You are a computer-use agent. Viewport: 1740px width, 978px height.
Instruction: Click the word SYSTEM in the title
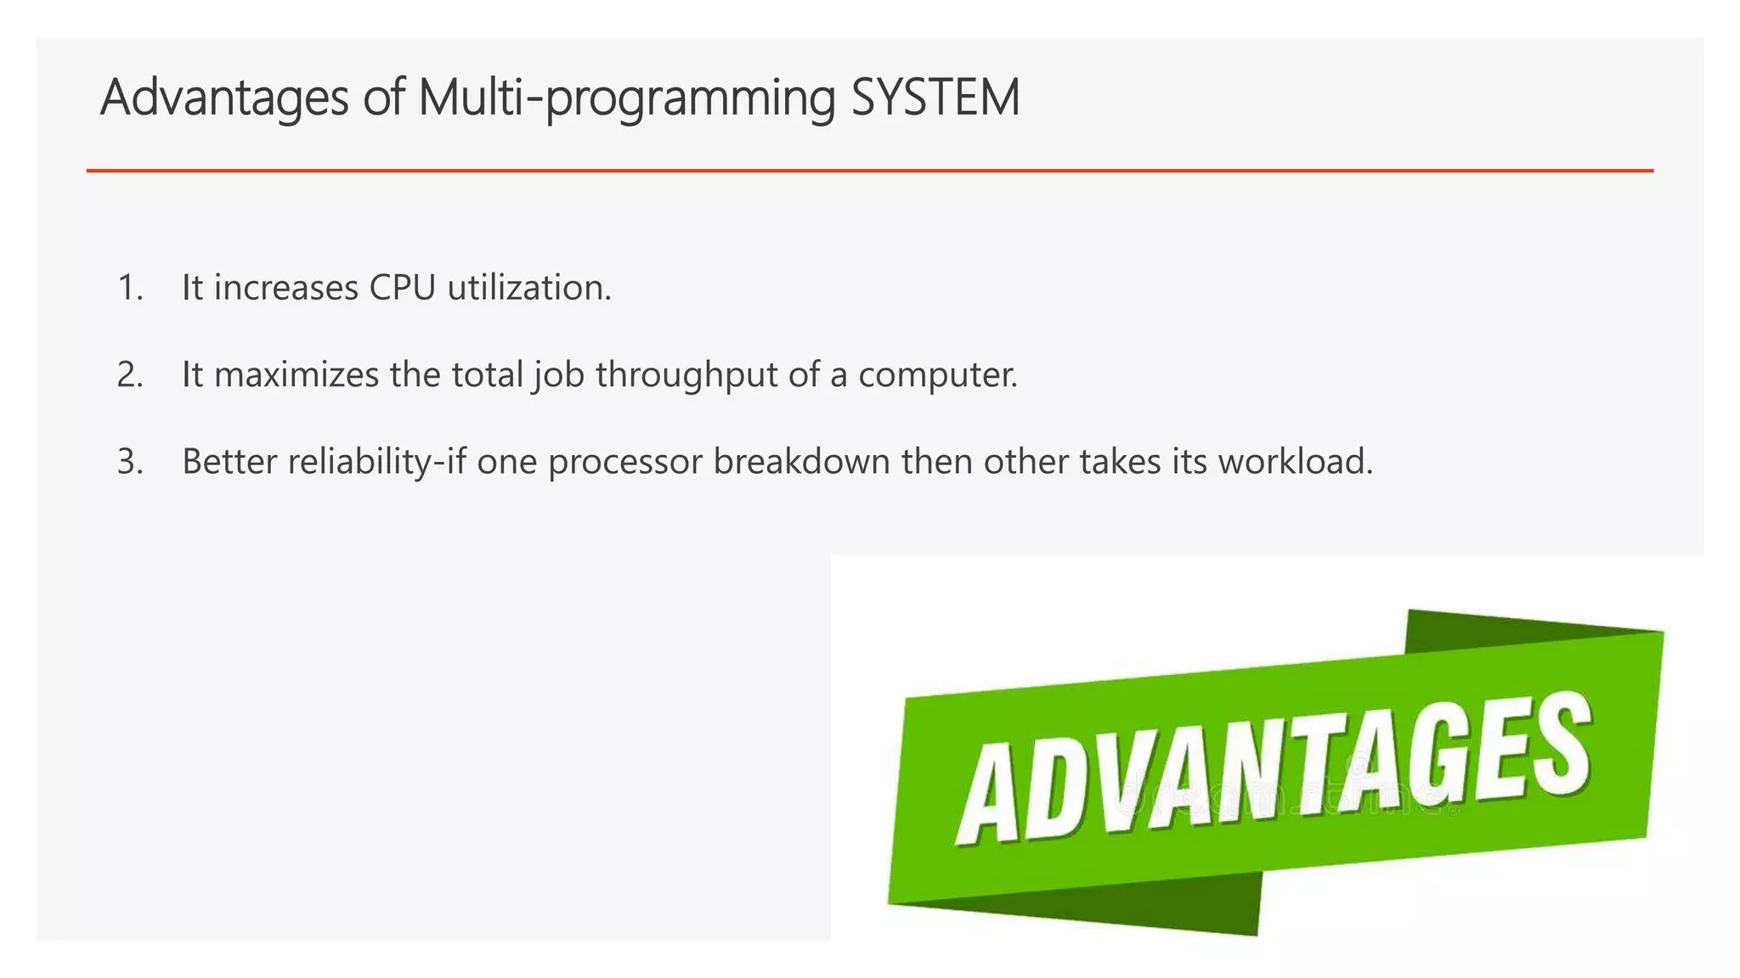(935, 97)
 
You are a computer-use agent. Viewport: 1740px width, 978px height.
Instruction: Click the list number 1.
(129, 288)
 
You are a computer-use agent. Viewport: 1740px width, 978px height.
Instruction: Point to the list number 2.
(129, 375)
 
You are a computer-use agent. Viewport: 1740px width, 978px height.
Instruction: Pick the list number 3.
(129, 462)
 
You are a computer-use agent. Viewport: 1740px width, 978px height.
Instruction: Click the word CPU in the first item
(402, 288)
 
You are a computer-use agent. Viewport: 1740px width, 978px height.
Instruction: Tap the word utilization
(528, 288)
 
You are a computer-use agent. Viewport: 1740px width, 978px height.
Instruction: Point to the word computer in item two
(937, 375)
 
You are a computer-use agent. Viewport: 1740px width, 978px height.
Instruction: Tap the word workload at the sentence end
(1295, 462)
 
